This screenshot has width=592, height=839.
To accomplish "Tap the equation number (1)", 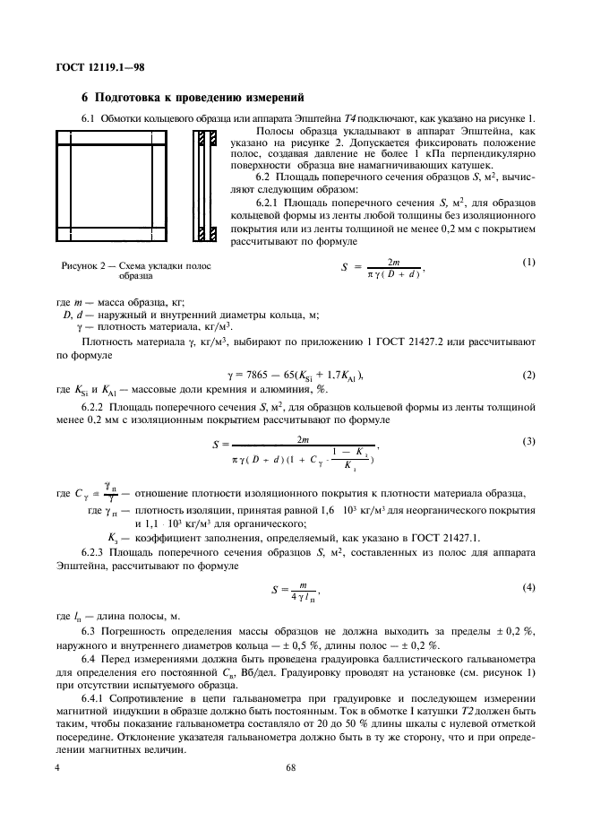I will pyautogui.click(x=528, y=261).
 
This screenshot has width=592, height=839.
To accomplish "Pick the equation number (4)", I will pyautogui.click(x=528, y=586).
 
